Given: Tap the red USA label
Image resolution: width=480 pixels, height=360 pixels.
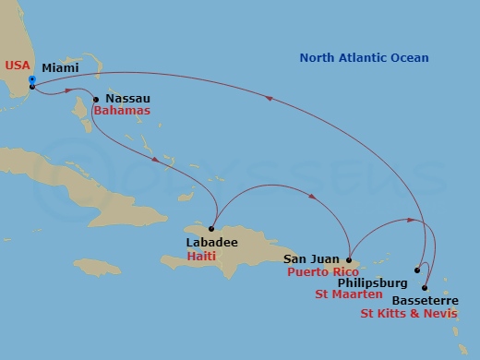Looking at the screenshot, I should click(x=18, y=65).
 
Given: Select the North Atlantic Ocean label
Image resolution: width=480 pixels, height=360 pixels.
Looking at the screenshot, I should click(x=364, y=58).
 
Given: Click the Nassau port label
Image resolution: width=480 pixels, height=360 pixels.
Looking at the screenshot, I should click(x=128, y=98).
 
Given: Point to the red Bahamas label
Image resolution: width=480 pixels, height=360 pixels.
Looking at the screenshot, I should click(x=121, y=111).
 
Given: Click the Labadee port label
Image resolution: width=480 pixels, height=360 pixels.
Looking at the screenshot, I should click(x=211, y=242).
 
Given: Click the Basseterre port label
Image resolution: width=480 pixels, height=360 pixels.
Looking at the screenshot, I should click(x=425, y=300).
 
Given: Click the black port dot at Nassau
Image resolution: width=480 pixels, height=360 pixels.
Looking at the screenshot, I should click(x=96, y=99).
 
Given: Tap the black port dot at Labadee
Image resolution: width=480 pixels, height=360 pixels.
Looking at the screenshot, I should click(x=211, y=228).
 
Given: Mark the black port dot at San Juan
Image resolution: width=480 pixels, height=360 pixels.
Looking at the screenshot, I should click(x=349, y=259).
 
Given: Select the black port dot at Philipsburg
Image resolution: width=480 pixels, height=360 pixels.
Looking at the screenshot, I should click(x=417, y=270).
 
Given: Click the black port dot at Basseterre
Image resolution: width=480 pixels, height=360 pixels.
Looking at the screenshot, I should click(x=425, y=288).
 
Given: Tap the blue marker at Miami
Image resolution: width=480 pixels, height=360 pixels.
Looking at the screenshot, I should click(x=32, y=80).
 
